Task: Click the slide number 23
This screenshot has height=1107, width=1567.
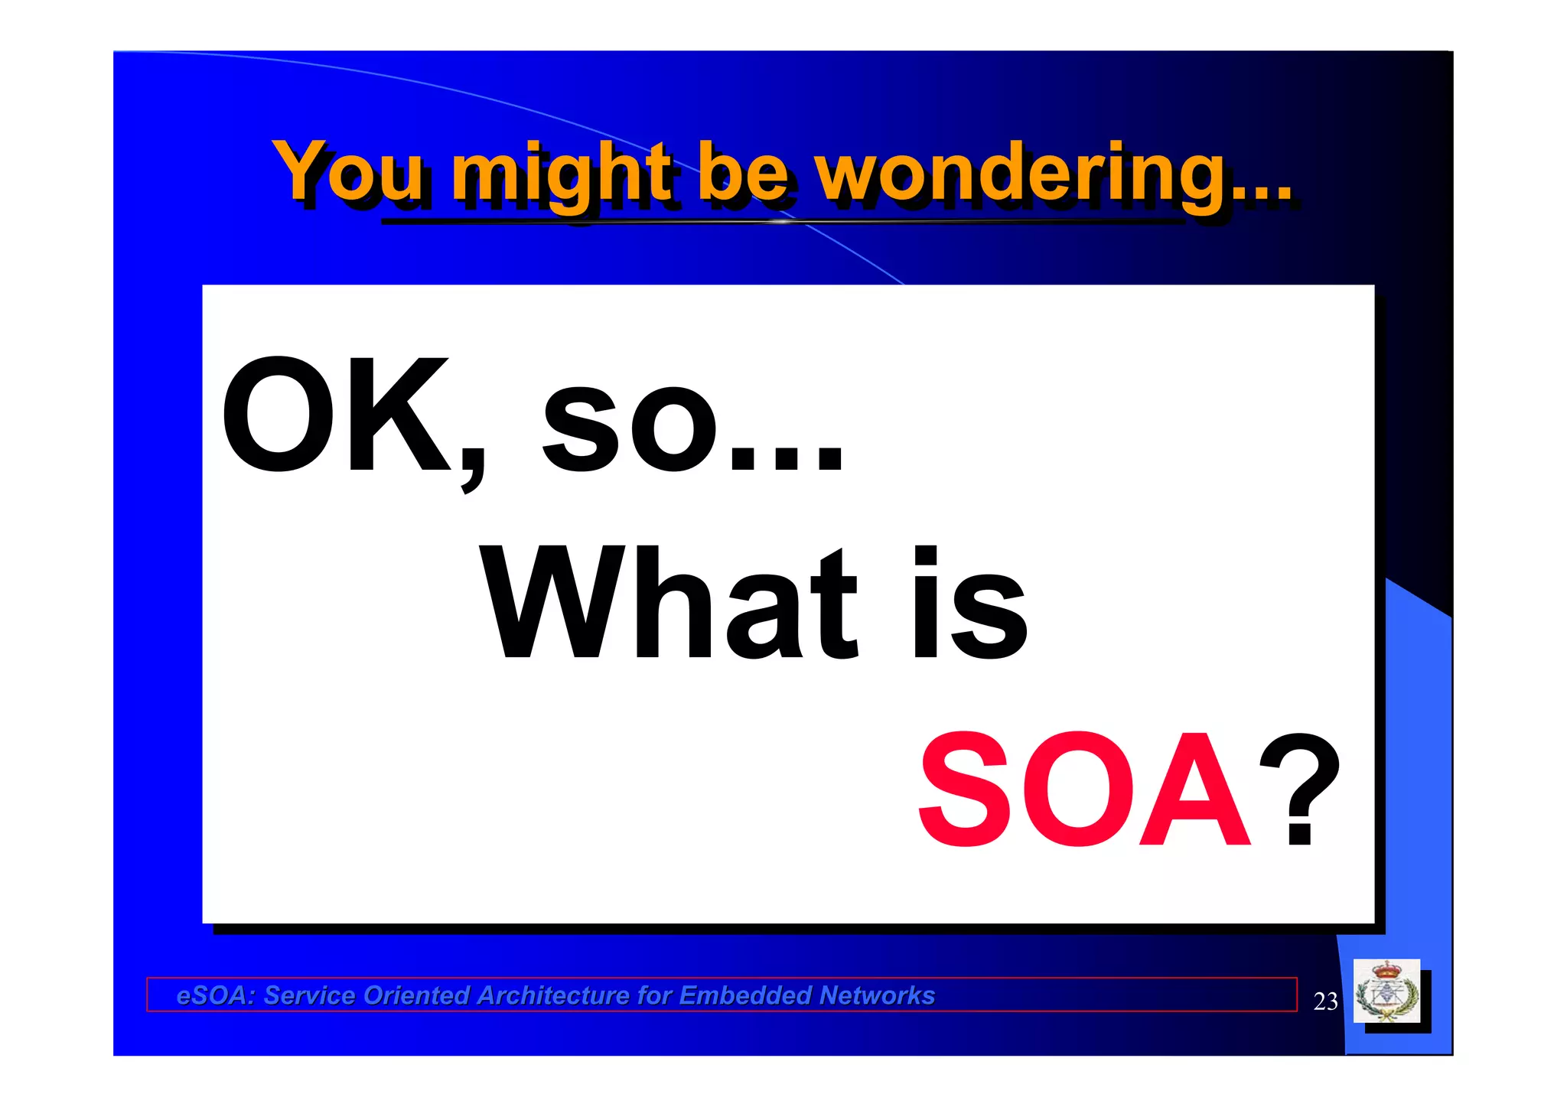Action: pos(1325,1001)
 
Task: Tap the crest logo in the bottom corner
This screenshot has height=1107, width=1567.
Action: pos(1386,991)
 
